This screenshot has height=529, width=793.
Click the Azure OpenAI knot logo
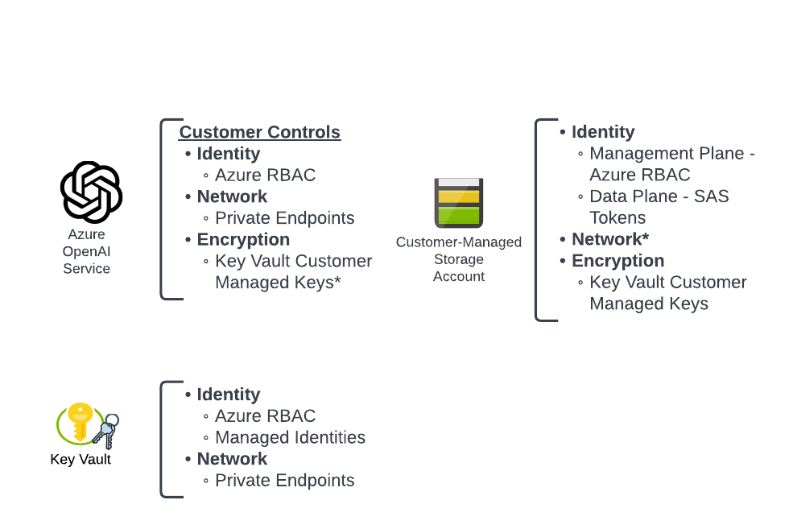(91, 192)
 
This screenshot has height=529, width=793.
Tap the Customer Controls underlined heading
(260, 132)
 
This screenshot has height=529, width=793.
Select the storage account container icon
(459, 203)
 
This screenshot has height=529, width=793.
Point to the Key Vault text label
(81, 459)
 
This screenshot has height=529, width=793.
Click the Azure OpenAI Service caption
(86, 251)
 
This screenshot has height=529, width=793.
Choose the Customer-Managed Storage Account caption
(459, 259)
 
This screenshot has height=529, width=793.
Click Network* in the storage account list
(610, 238)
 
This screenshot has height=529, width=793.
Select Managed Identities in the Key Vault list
(290, 437)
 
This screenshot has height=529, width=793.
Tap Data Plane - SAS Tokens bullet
(659, 207)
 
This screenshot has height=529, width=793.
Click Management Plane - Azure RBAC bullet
(672, 164)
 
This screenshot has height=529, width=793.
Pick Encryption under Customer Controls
(243, 240)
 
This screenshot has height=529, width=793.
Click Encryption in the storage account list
(618, 261)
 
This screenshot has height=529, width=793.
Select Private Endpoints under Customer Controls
(285, 218)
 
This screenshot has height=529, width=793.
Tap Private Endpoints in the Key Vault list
(285, 481)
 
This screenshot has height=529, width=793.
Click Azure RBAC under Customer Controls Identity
(265, 175)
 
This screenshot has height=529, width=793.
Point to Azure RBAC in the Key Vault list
(265, 415)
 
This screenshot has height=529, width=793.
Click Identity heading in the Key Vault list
(229, 395)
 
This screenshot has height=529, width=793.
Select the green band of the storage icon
(459, 216)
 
